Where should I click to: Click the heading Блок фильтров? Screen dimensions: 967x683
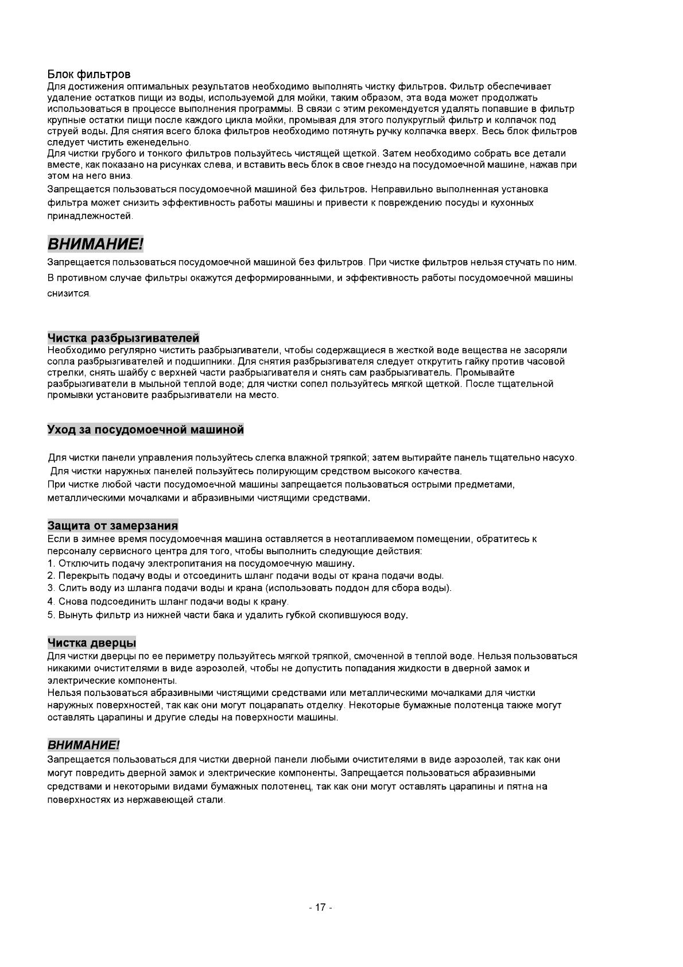click(89, 75)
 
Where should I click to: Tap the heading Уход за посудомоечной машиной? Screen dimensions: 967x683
click(146, 430)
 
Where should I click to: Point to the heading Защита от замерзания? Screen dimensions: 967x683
click(112, 525)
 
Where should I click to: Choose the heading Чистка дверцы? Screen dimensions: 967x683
click(91, 642)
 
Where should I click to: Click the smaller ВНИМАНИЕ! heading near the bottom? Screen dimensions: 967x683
click(83, 745)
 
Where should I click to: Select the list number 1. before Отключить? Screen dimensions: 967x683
click(51, 563)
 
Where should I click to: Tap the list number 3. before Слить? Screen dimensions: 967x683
click(51, 588)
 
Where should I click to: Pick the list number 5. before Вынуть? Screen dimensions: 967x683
click(51, 615)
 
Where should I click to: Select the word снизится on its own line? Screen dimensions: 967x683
click(68, 293)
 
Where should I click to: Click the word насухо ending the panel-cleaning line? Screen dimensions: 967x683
click(561, 458)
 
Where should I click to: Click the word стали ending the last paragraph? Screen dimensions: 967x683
click(211, 800)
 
